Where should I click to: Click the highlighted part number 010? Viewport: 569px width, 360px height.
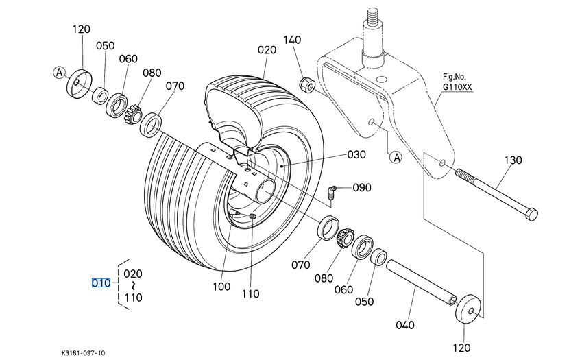[x=101, y=283]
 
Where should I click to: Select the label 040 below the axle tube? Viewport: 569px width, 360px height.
[x=405, y=325]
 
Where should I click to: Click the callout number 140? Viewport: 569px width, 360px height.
[x=292, y=40]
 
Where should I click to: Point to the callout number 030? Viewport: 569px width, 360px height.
[x=356, y=154]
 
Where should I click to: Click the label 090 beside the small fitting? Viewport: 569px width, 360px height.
[x=362, y=187]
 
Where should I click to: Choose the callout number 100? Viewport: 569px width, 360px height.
[x=221, y=287]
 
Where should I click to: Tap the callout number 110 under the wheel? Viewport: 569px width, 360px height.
[x=250, y=293]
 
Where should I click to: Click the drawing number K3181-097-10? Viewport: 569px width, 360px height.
[x=83, y=352]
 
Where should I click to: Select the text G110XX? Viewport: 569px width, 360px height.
[x=457, y=88]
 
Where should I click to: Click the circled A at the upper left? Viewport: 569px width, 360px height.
[x=60, y=72]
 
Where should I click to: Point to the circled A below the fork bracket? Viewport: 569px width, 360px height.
[x=396, y=158]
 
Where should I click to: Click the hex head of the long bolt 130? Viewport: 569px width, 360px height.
[x=531, y=214]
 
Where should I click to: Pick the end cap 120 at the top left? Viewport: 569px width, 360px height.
[x=80, y=84]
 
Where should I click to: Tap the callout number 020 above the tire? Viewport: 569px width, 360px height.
[x=267, y=50]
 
